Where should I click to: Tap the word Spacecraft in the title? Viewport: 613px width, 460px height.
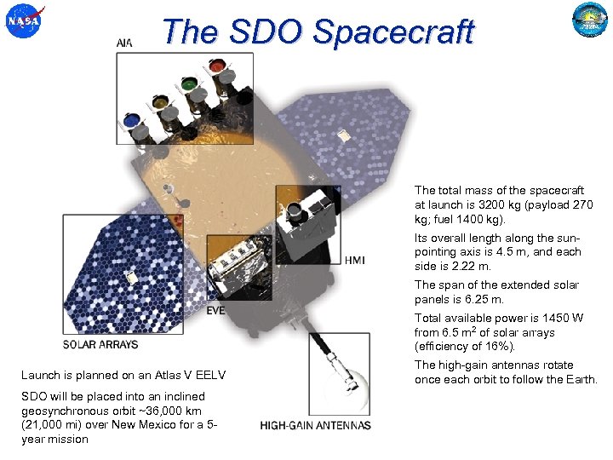[392, 32]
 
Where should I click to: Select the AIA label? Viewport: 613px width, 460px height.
[125, 42]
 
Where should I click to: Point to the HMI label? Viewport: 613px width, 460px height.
[356, 260]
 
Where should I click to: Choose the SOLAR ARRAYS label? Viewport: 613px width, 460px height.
[100, 344]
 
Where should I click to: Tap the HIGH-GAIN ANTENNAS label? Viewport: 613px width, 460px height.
[315, 425]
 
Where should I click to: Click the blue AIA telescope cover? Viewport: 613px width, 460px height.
[131, 121]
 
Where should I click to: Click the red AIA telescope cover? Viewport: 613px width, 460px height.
[217, 66]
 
